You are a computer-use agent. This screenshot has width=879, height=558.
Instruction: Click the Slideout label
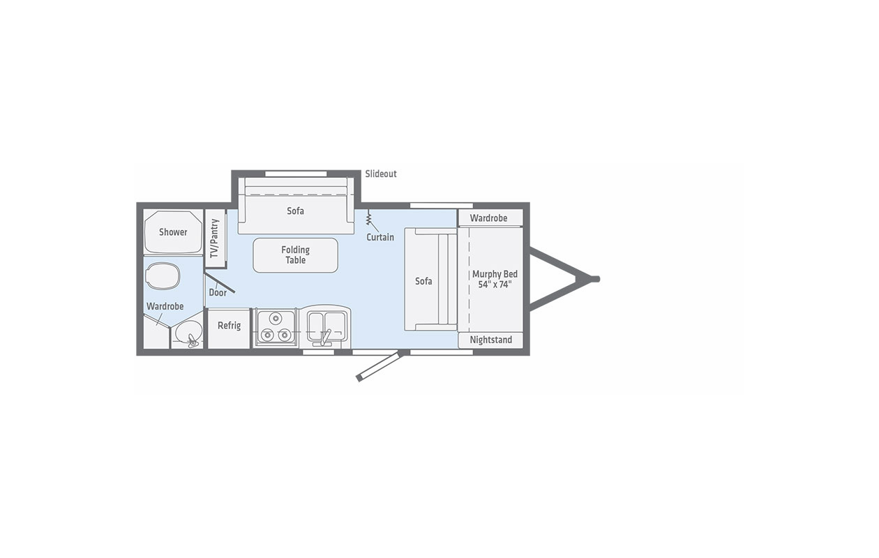pos(381,174)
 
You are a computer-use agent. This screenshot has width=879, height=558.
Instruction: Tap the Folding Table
pos(296,255)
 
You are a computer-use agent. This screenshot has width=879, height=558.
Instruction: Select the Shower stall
pos(173,232)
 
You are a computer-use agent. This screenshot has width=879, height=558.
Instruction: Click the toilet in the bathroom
pos(163,275)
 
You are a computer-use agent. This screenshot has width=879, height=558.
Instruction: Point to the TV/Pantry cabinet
pos(215,238)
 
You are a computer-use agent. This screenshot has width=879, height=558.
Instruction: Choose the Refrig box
pos(229,329)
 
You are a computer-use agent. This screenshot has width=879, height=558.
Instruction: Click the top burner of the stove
pos(276,318)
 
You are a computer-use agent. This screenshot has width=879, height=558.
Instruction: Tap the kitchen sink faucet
pos(324,338)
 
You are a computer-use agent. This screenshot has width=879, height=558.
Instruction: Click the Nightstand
pos(490,340)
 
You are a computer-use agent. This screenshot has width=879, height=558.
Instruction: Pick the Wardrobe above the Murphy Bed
pos(490,218)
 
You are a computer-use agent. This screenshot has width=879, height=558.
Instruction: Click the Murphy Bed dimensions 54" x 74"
pos(495,285)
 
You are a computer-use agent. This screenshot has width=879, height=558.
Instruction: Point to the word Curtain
pos(380,237)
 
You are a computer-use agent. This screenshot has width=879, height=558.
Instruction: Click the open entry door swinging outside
pos(378,366)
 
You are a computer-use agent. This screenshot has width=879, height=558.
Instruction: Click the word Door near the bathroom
pos(218,293)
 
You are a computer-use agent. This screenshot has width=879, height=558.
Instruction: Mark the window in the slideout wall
pos(296,174)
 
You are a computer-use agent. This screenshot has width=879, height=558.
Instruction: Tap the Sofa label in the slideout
pos(295,211)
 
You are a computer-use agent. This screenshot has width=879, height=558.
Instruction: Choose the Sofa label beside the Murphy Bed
pos(423,281)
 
